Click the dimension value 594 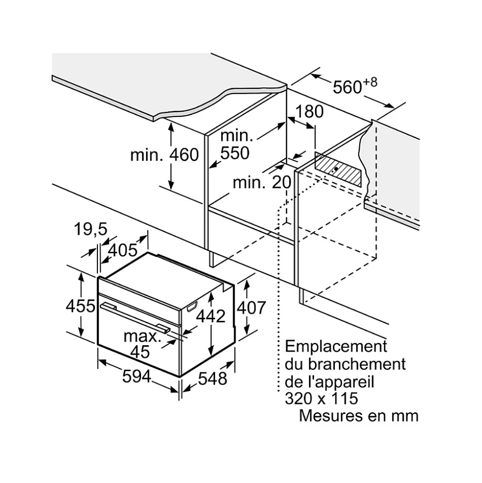tap(137, 377)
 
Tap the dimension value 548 tap(213, 378)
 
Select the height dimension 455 tap(80, 306)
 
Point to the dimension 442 tap(212, 315)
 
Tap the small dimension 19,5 tap(90, 230)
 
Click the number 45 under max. tap(140, 352)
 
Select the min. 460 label tap(164, 155)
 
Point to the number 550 tap(235, 153)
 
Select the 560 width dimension tap(347, 87)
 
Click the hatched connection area tap(338, 169)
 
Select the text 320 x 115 tap(321, 398)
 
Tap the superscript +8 tap(370, 81)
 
